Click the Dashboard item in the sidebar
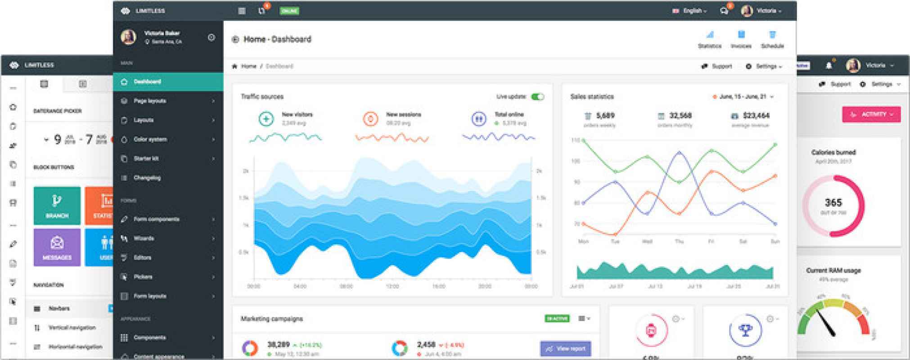click(x=147, y=82)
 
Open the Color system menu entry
click(x=150, y=139)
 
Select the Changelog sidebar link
click(x=147, y=178)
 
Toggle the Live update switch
click(x=537, y=97)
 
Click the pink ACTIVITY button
click(x=871, y=114)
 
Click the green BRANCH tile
click(x=57, y=205)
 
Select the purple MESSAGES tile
click(x=57, y=247)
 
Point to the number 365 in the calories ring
click(x=833, y=203)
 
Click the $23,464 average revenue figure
click(x=756, y=116)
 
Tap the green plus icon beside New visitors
click(x=266, y=119)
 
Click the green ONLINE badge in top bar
click(x=289, y=11)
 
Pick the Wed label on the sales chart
click(x=647, y=242)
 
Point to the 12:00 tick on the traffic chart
click(x=392, y=286)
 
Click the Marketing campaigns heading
click(x=272, y=319)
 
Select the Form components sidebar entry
click(x=156, y=219)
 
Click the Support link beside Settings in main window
click(x=721, y=67)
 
